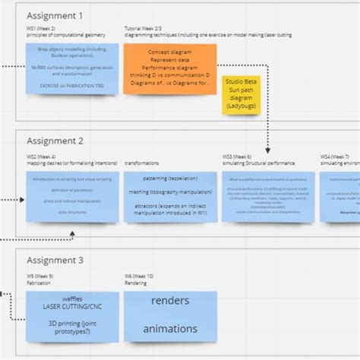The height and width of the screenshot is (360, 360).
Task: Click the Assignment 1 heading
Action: (x=55, y=15)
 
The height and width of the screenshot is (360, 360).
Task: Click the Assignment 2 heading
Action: (x=55, y=141)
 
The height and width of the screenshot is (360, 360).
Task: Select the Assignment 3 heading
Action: (x=55, y=261)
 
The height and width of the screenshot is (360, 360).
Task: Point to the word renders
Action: (x=171, y=301)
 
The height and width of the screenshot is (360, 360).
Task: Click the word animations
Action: (x=171, y=329)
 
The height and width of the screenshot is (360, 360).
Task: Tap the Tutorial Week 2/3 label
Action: (x=145, y=29)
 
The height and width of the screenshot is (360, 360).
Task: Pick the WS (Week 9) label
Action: (x=42, y=276)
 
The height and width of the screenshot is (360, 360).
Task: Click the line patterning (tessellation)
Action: (x=170, y=178)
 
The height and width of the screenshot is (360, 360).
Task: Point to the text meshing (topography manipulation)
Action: (x=170, y=192)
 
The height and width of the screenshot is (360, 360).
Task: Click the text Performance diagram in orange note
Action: (x=169, y=67)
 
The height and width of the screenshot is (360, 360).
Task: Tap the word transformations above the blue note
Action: (x=141, y=163)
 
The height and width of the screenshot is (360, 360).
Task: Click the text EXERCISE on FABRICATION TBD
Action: (x=72, y=86)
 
